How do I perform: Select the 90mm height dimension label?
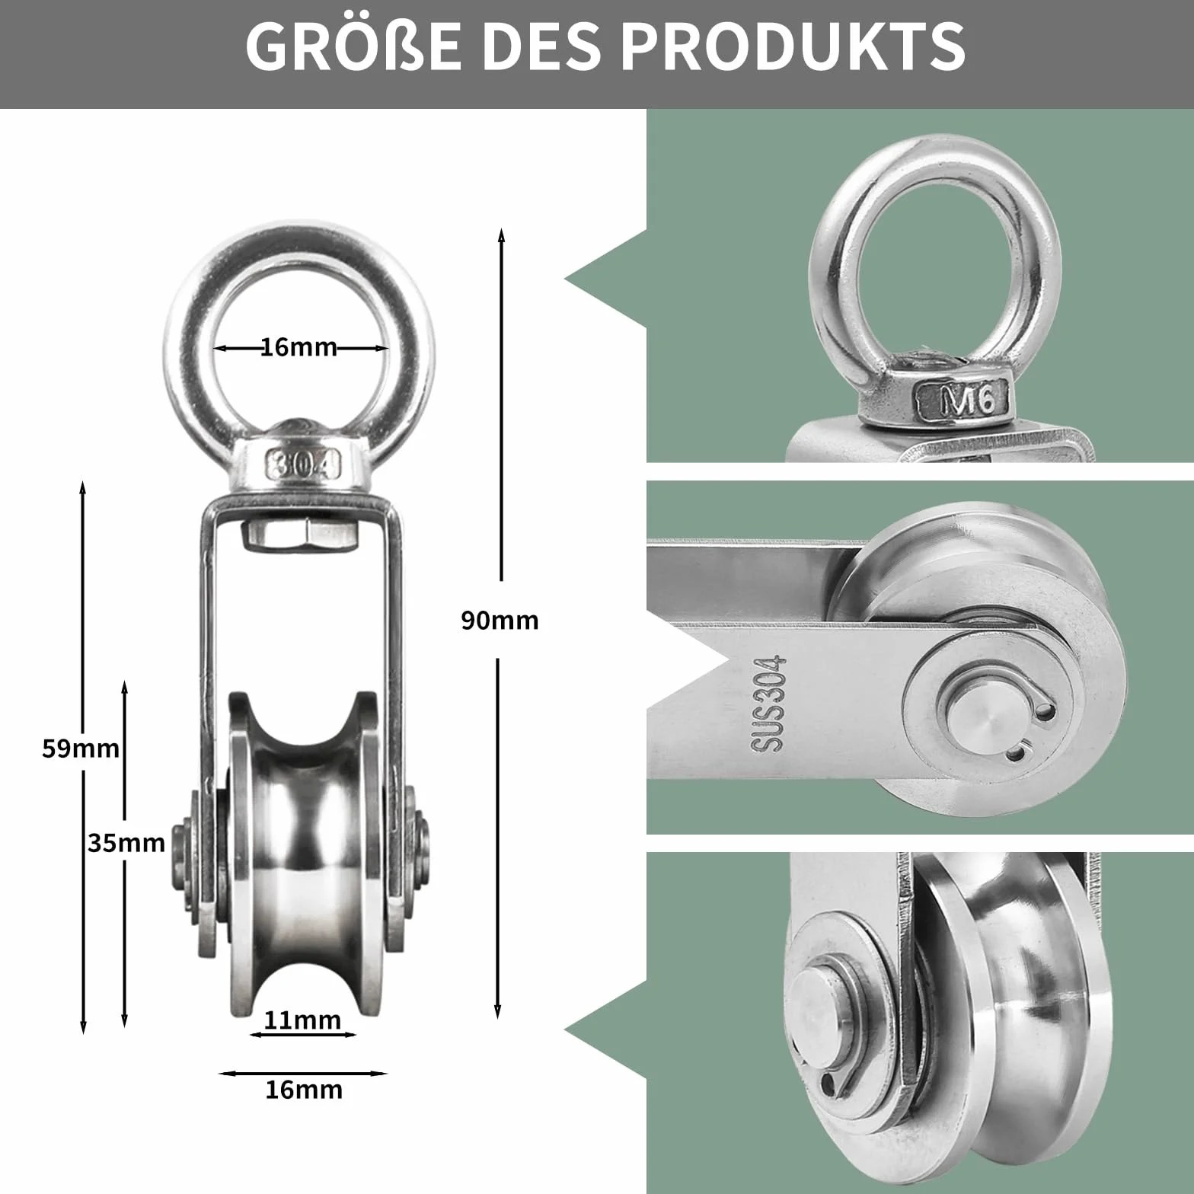click(x=500, y=621)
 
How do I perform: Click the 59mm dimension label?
click(x=81, y=749)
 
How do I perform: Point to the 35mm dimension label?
click(x=126, y=843)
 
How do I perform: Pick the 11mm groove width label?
click(x=303, y=1020)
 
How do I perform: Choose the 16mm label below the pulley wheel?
click(x=304, y=1090)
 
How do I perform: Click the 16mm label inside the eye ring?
click(x=299, y=347)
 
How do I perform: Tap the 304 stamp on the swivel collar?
click(x=303, y=463)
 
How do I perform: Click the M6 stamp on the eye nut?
click(x=964, y=401)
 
